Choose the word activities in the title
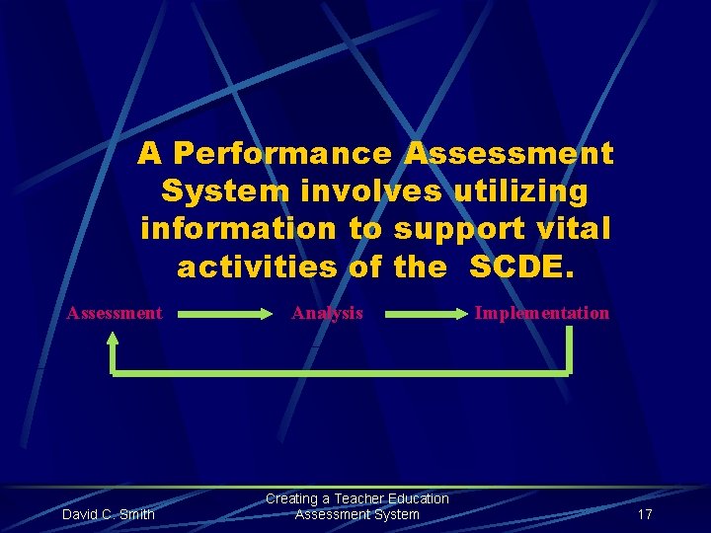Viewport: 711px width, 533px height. (257, 266)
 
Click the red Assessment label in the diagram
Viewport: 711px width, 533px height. (115, 313)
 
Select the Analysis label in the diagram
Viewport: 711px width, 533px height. (327, 313)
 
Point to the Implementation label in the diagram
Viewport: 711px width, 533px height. (542, 313)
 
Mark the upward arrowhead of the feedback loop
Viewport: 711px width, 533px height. (113, 341)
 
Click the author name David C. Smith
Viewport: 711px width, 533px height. (109, 514)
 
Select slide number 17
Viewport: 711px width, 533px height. (645, 514)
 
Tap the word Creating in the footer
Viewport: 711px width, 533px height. (291, 498)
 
